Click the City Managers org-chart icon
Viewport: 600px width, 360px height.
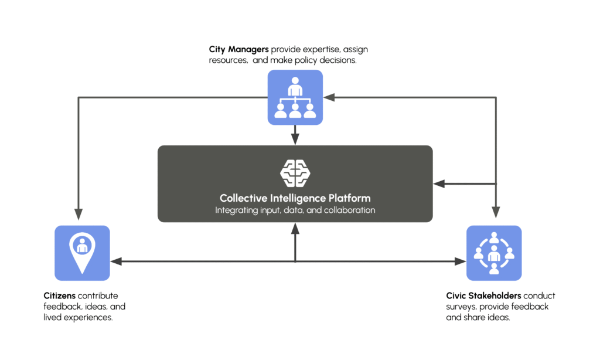pyautogui.click(x=295, y=97)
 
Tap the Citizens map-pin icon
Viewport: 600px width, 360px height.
pyautogui.click(x=82, y=253)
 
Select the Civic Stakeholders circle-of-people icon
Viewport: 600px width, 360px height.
pyautogui.click(x=494, y=253)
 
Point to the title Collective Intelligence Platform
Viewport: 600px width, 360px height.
pyautogui.click(x=295, y=198)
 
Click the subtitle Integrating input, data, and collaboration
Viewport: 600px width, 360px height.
pyautogui.click(x=295, y=210)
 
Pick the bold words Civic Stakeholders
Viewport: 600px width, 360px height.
pyautogui.click(x=483, y=296)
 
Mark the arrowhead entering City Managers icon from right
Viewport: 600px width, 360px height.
pyautogui.click(x=329, y=97)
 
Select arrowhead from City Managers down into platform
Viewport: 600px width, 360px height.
pyautogui.click(x=295, y=139)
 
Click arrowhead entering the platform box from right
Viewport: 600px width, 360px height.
pyautogui.click(x=439, y=184)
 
